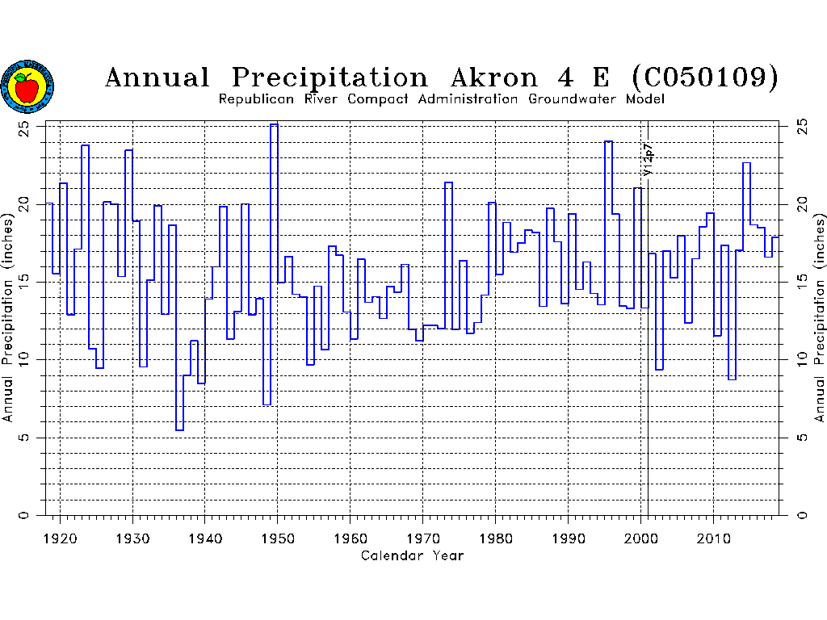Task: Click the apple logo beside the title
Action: [27, 86]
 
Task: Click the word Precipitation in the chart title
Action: [330, 77]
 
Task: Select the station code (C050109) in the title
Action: [706, 77]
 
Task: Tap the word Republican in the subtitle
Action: [256, 99]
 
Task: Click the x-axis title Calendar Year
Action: [412, 555]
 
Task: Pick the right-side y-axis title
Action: [819, 317]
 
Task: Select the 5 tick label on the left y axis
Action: [30, 438]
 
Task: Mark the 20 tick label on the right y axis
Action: [801, 203]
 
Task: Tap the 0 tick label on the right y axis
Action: [801, 515]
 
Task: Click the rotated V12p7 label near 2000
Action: [648, 160]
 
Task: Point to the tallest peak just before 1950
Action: [274, 124]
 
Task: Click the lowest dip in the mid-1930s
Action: [179, 429]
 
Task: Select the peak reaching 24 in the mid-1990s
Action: [608, 142]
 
